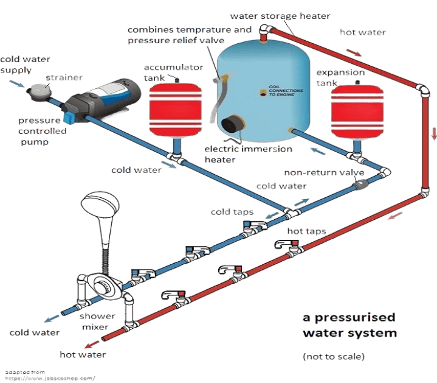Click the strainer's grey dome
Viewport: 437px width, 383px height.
pos(41,90)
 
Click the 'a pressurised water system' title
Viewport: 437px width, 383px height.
pos(349,325)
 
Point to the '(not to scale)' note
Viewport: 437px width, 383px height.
pos(334,355)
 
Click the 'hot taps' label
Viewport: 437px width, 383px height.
pos(308,231)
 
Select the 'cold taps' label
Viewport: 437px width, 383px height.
pos(232,212)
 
